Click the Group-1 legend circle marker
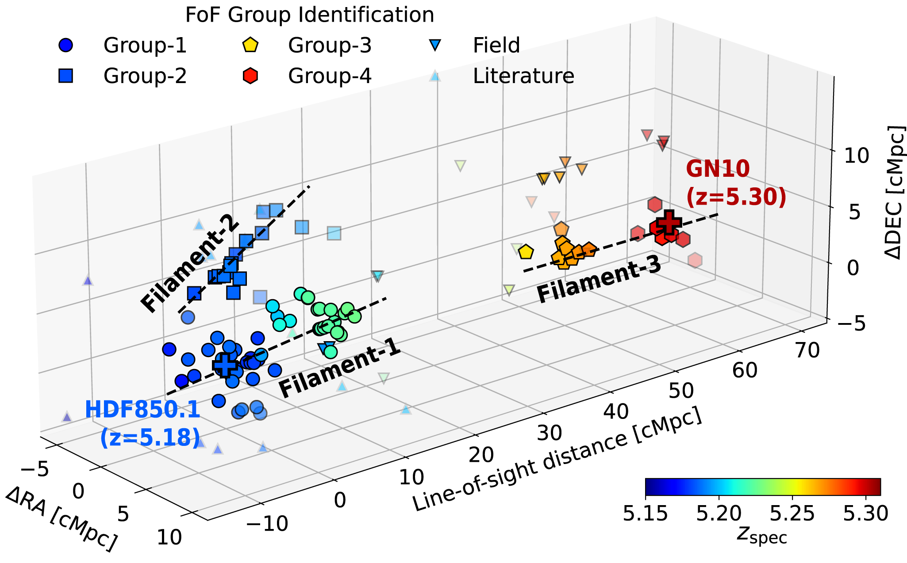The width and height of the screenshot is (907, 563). click(x=65, y=45)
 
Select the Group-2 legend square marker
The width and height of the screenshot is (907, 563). click(x=65, y=76)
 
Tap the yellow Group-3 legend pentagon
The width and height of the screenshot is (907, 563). click(x=250, y=45)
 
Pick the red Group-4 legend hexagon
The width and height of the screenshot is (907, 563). click(x=250, y=76)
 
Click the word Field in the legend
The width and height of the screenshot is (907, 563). click(x=496, y=45)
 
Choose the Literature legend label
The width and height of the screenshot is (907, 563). click(x=523, y=76)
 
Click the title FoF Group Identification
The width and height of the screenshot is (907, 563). click(x=310, y=15)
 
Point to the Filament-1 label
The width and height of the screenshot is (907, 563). click(x=340, y=369)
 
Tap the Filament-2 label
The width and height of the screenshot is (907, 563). click(x=190, y=266)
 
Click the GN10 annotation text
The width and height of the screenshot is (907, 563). click(x=718, y=169)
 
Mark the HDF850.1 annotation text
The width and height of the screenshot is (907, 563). click(x=142, y=410)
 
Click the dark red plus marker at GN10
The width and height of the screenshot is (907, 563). click(x=669, y=222)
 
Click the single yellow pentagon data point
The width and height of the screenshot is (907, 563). click(x=526, y=252)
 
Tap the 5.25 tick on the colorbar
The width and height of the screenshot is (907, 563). click(x=792, y=514)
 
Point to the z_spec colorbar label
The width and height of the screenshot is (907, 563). click(x=762, y=536)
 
